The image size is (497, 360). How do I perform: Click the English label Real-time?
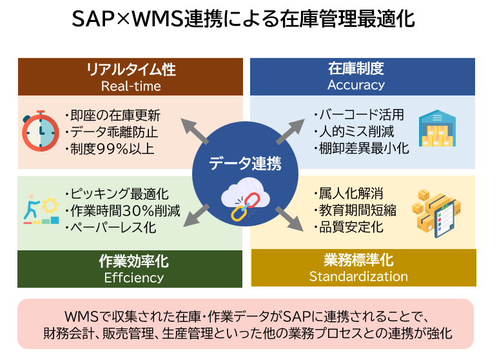pos(131,86)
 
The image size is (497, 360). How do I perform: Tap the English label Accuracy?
pos(356,85)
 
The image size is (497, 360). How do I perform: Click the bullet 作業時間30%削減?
pos(122,210)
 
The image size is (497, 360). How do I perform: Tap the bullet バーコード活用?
pos(358,115)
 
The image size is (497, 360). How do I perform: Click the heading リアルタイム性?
pos(131,70)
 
